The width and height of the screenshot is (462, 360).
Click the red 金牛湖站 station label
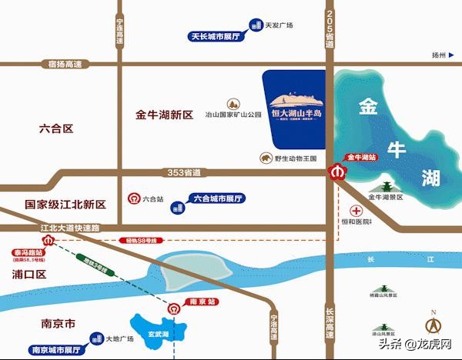pyautogui.click(x=361, y=158)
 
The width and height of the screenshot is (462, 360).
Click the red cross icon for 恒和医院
pyautogui.click(x=356, y=211)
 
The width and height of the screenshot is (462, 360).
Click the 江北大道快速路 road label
pyautogui.click(x=72, y=228)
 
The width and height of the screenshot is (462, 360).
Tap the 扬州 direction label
pyautogui.click(x=439, y=55)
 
